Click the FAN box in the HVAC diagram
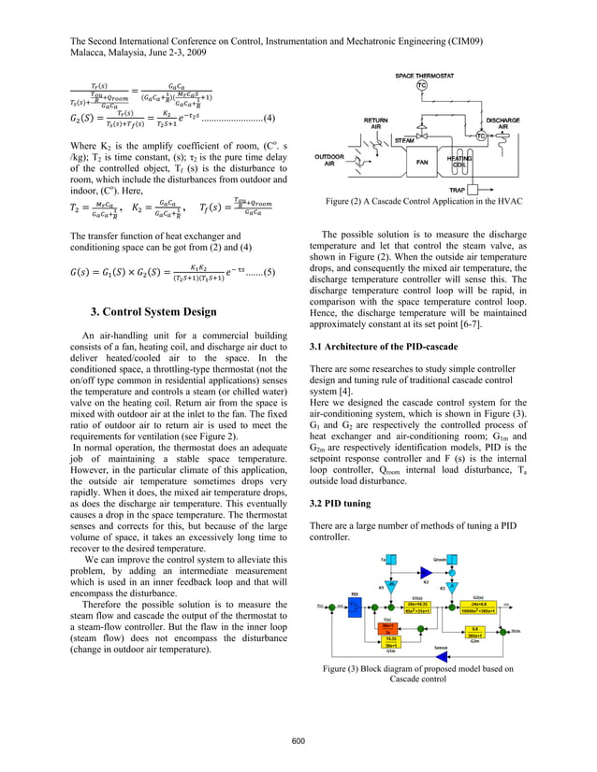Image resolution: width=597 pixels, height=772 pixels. click(x=421, y=160)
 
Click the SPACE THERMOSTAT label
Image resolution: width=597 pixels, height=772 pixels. click(x=421, y=74)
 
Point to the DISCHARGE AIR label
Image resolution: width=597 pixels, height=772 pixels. click(x=529, y=123)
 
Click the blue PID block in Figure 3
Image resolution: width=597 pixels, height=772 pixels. click(x=356, y=608)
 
